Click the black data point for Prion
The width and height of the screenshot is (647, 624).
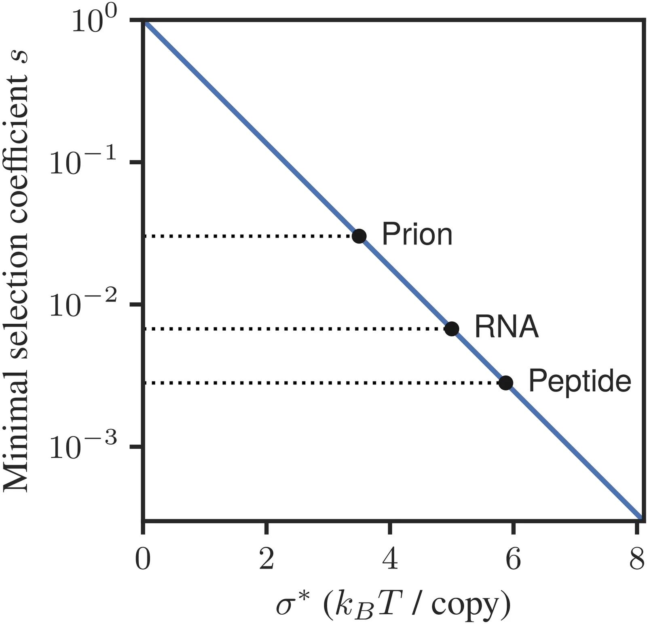(x=359, y=236)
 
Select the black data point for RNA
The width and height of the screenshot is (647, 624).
(x=452, y=329)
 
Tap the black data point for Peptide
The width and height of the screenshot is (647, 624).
(x=505, y=382)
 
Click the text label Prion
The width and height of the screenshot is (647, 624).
(x=417, y=234)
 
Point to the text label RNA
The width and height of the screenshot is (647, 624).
(x=506, y=327)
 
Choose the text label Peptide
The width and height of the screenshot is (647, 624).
(x=579, y=381)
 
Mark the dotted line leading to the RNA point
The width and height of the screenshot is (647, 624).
(x=295, y=329)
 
